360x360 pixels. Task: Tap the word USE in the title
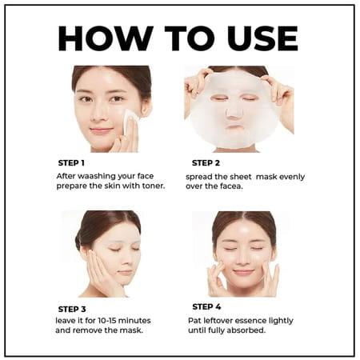point(259,38)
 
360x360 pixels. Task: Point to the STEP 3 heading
point(74,308)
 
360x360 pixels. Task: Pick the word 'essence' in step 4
point(253,319)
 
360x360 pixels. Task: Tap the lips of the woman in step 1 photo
point(101,129)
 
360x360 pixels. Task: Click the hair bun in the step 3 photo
point(78,240)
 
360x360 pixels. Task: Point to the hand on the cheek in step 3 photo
point(99,276)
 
